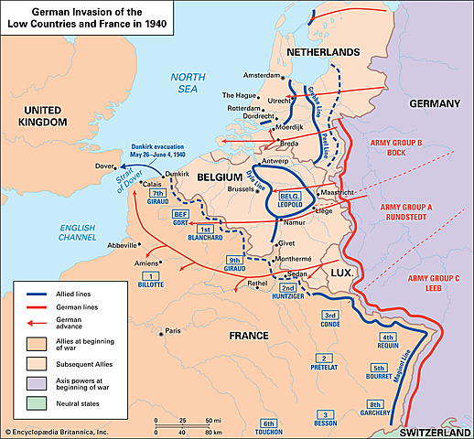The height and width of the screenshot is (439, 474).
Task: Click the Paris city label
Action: click(178, 331)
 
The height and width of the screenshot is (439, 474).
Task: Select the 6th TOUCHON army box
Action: click(268, 425)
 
